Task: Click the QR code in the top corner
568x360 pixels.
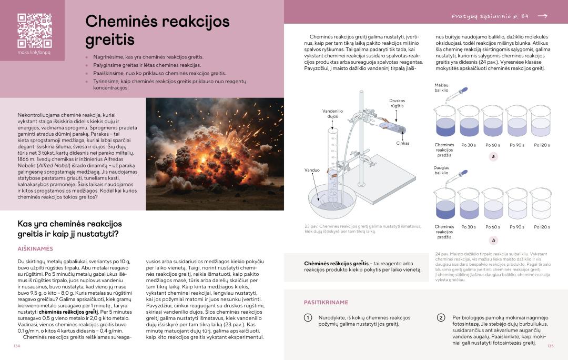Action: coord(34,31)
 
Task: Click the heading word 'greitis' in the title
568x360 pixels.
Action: coord(110,40)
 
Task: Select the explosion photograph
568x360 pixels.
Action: coord(215,154)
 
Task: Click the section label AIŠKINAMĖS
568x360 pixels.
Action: coord(35,248)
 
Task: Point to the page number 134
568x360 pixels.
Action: coord(16,346)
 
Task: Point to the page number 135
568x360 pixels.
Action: coord(550,346)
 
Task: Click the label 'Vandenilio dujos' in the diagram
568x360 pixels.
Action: coord(332,114)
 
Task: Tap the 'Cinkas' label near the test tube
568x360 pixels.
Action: coord(403,143)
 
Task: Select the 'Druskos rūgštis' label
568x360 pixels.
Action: coord(397,103)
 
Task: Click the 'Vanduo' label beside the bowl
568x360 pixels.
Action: coord(312,170)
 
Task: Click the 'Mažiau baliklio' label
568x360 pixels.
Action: coord(441,87)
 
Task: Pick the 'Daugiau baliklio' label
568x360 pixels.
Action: coord(441,169)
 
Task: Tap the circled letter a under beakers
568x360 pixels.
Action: coord(493,156)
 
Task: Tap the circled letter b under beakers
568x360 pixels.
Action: coord(493,241)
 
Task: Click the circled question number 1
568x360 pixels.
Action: coord(308,318)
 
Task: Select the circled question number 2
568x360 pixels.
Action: coord(441,318)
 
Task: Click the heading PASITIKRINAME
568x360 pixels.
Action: coord(326,302)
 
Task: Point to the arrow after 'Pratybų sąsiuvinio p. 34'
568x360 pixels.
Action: coord(543,16)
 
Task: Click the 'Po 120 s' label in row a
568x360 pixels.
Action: coord(542,145)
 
